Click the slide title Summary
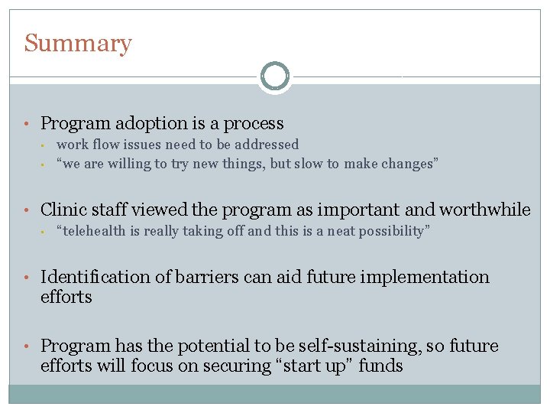(77, 44)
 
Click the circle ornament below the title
(275, 76)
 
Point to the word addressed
(267, 145)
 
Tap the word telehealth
(98, 232)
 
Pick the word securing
(225, 366)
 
